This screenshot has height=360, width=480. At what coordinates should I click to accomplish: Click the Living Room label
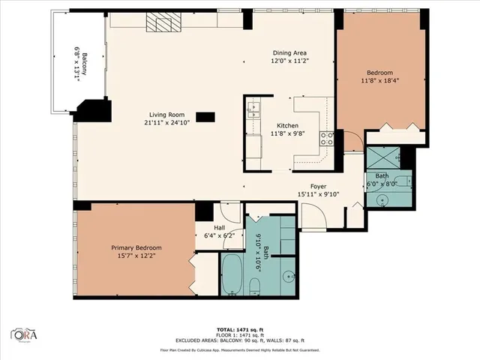[167, 115]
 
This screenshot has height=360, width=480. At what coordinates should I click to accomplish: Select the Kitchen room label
[288, 125]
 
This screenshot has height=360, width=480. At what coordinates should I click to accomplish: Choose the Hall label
[220, 227]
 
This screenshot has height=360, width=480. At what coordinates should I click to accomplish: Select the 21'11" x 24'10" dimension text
[167, 123]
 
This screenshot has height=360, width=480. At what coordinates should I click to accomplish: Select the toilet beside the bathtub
[253, 286]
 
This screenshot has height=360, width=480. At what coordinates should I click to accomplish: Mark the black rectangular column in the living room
[205, 116]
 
